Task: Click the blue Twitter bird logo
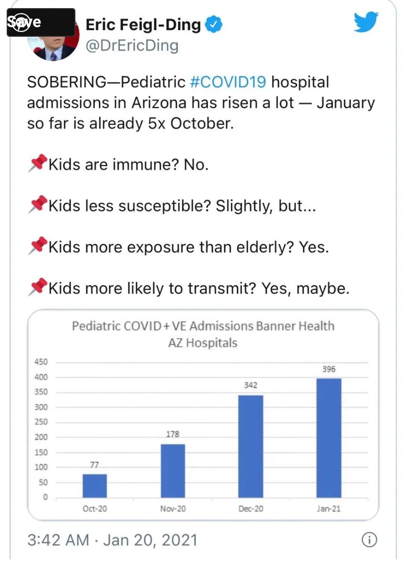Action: (x=366, y=22)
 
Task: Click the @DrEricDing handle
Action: (x=132, y=46)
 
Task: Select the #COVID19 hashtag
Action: (x=228, y=82)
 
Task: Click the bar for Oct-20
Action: (x=94, y=485)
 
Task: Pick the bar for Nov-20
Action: (x=173, y=471)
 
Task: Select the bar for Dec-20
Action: (x=251, y=446)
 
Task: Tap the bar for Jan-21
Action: (x=329, y=438)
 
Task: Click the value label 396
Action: (x=329, y=369)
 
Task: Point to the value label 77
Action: (x=94, y=465)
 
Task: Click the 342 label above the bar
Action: (x=251, y=385)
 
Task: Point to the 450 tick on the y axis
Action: (x=42, y=362)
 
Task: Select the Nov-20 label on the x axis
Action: (x=173, y=509)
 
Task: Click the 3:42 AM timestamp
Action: (x=58, y=540)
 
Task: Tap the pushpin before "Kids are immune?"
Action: (x=38, y=163)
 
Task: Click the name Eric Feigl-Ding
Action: (x=143, y=24)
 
